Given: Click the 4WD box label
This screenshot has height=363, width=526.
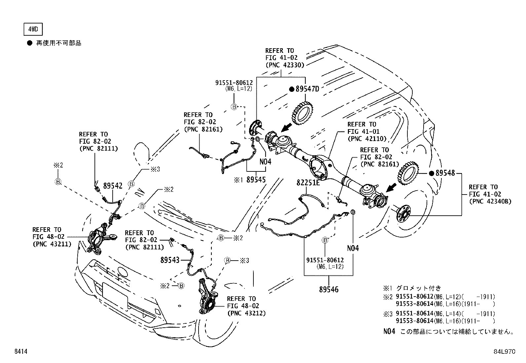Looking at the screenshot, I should click(33, 29).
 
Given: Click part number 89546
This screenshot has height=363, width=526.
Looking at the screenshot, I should click(329, 290).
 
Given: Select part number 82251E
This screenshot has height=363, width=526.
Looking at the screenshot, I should click(308, 183).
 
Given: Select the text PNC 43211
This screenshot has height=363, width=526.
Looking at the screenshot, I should click(52, 244).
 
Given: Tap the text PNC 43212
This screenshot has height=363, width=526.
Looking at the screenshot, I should click(246, 313).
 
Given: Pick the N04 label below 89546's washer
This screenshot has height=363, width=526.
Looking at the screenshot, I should click(353, 248).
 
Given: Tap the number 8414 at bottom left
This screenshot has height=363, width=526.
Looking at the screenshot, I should click(20, 352).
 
